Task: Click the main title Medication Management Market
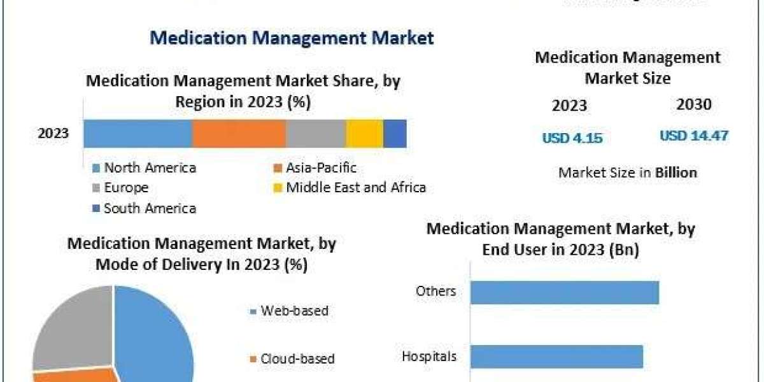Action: [x=292, y=38]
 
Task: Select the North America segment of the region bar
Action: [x=138, y=134]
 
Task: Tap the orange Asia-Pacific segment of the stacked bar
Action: [x=239, y=134]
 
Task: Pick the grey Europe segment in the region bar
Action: [x=316, y=134]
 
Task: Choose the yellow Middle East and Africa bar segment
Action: [x=364, y=134]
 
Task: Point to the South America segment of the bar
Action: [x=395, y=134]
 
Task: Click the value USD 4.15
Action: [x=572, y=138]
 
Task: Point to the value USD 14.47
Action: [x=694, y=136]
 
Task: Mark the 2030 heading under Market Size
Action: [x=694, y=104]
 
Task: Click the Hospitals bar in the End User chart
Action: [x=556, y=357]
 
